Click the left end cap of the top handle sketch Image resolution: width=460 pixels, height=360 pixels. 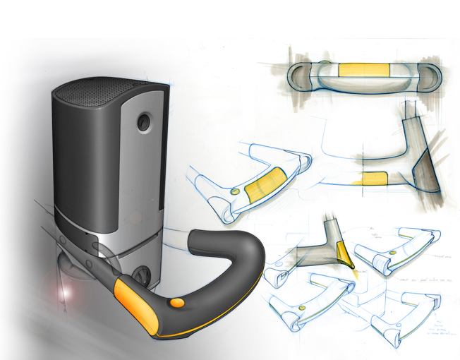pyautogui.click(x=300, y=76)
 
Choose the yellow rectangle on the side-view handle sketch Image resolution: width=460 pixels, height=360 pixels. pyautogui.click(x=374, y=177)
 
